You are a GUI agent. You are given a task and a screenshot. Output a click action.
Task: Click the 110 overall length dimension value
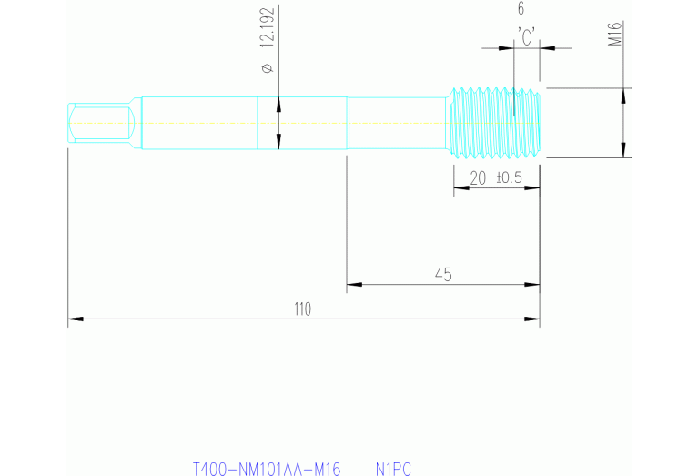[302, 309]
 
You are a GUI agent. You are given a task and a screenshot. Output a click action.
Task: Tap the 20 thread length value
[478, 177]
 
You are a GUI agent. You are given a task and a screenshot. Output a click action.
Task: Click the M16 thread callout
[614, 35]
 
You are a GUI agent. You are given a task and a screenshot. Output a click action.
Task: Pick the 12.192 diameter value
[266, 29]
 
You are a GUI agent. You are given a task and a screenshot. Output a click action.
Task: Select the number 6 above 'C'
[521, 9]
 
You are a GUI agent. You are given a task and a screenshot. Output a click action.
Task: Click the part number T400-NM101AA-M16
[266, 470]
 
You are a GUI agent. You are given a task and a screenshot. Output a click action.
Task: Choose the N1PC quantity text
[393, 470]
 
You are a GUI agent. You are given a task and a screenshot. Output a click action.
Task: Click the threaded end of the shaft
[496, 121]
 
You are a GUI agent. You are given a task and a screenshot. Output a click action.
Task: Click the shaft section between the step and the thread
[399, 122]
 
